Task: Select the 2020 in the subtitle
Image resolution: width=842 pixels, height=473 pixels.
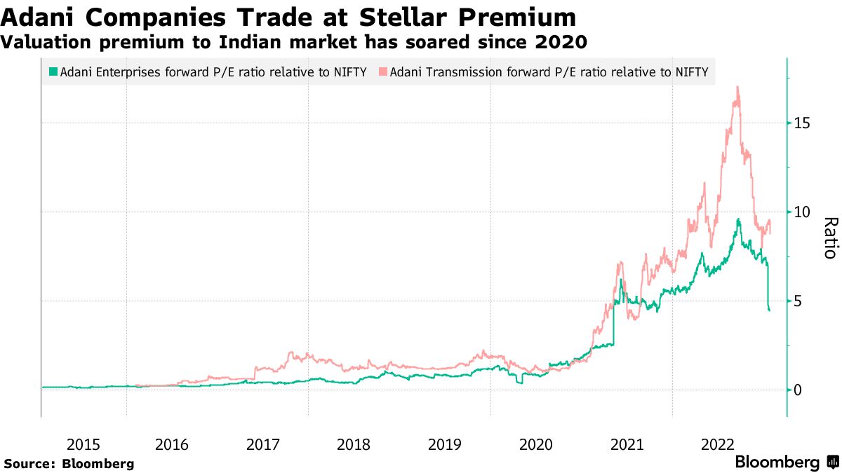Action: point(561,43)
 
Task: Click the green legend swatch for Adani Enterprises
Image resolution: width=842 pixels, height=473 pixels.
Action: point(53,72)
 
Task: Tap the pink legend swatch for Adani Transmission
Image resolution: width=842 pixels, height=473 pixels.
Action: point(382,72)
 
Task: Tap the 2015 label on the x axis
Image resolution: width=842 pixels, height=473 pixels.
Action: point(83,444)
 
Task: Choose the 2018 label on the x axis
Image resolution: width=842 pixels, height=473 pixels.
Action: point(353,444)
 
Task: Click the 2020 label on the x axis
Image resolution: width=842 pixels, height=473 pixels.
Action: point(535,444)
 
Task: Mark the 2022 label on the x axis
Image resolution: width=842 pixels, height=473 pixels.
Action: point(717,444)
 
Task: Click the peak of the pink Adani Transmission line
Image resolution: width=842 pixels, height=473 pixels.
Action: point(737,88)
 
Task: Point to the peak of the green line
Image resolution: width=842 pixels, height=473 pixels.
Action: point(738,219)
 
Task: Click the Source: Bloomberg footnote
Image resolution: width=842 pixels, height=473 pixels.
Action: point(69,464)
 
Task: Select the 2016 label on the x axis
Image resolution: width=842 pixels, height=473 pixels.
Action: point(171,444)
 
